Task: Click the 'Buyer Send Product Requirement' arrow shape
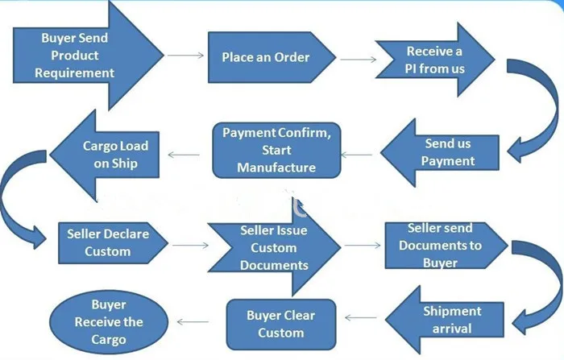coord(77,56)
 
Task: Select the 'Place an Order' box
coord(266,57)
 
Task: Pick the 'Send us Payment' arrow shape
coord(447,153)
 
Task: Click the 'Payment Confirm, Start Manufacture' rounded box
coord(276,150)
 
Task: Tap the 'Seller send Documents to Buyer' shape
coord(442,245)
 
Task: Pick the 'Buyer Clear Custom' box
coord(281,324)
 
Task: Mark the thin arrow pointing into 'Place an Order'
coord(186,56)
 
